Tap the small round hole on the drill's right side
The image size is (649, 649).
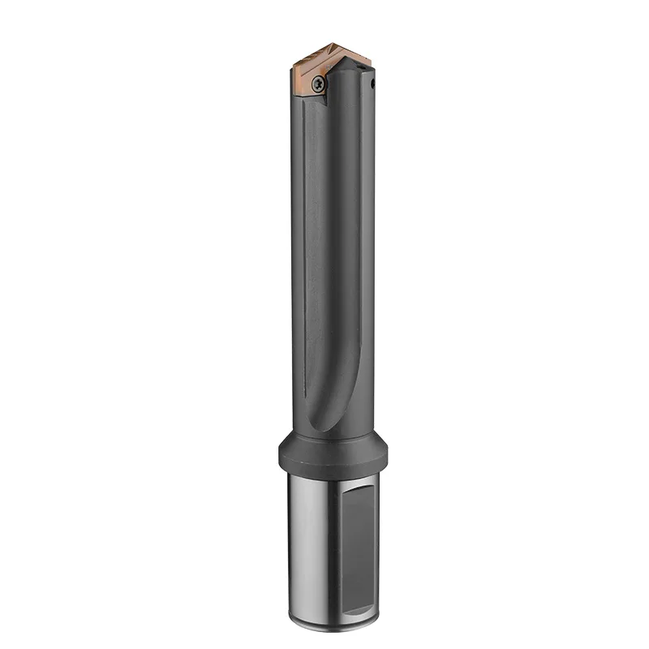pos(372,83)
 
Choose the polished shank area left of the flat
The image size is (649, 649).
pos(308,552)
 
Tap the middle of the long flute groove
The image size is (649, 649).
pos(333,243)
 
